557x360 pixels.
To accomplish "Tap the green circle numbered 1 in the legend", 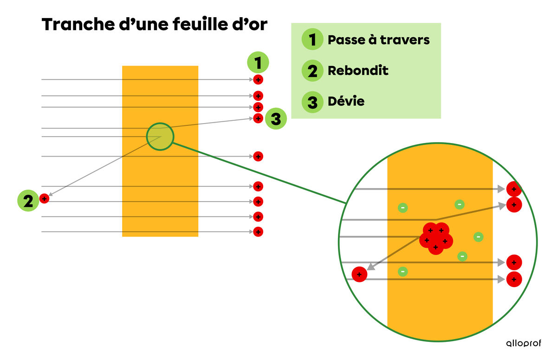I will tap(312, 40).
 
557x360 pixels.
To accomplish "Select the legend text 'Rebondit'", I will tap(358, 71).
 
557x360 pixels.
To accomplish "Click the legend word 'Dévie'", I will tap(346, 101).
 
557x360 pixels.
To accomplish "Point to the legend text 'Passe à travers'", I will tap(379, 40).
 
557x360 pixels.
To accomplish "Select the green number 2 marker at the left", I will tap(28, 202).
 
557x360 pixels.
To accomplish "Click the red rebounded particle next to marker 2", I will tap(44, 199).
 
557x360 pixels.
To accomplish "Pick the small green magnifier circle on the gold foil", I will tap(160, 137).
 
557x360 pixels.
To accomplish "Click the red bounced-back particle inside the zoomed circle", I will tap(359, 275).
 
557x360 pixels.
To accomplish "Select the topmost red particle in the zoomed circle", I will tap(514, 189).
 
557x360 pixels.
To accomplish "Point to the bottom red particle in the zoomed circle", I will tap(514, 279).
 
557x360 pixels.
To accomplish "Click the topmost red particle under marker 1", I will tap(258, 80).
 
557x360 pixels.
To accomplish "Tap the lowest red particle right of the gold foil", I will tap(258, 231).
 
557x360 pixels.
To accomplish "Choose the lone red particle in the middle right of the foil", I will tap(258, 157).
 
